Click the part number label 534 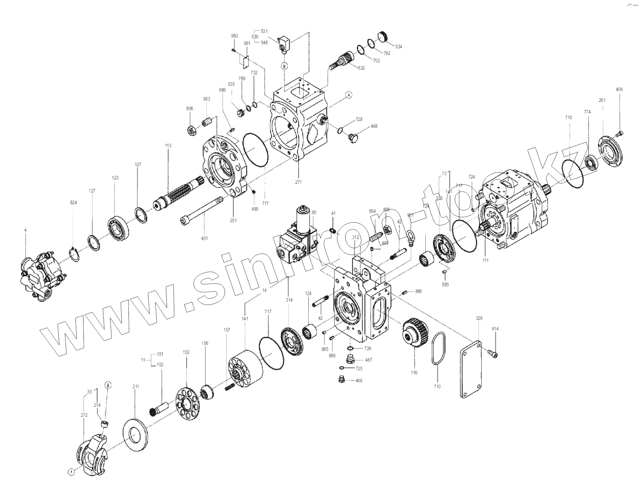click(x=399, y=47)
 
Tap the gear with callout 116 click(x=415, y=332)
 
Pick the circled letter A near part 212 click(x=71, y=472)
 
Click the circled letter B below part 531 click(x=285, y=66)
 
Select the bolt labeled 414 click(x=493, y=354)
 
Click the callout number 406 click(x=619, y=89)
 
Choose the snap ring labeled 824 click(x=76, y=254)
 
